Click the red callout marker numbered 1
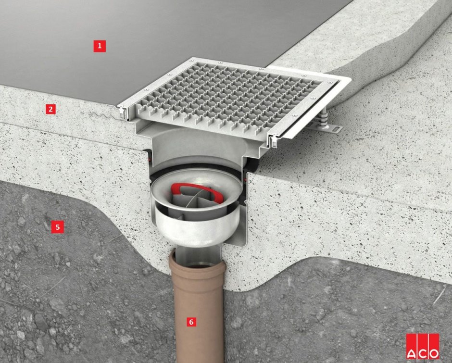click(x=100, y=46)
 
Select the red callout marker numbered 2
click(x=51, y=109)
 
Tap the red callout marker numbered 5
click(x=57, y=227)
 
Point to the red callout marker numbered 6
click(x=191, y=322)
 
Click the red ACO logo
click(x=423, y=346)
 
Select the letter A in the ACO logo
click(x=411, y=353)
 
